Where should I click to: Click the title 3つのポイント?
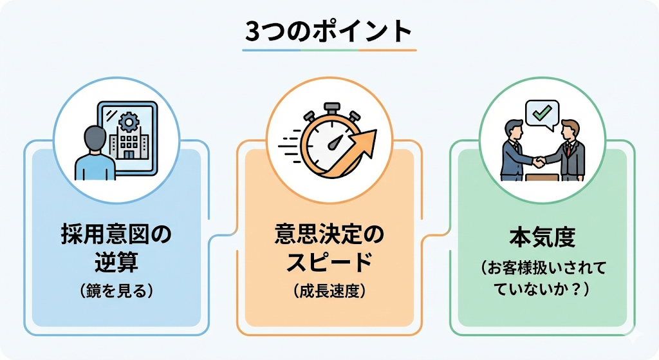coord(329,31)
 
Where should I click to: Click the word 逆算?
coord(116,263)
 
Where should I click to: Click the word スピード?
coord(329,263)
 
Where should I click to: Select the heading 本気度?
coord(542,239)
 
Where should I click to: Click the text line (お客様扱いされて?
coord(542,267)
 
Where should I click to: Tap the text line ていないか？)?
coord(542,290)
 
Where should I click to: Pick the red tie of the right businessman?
coord(568,149)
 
